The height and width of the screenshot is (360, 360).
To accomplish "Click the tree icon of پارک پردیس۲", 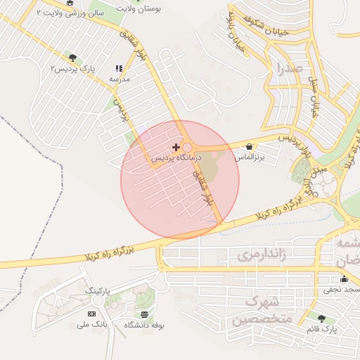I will (72, 58).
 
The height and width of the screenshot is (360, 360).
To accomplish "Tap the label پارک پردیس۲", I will (72, 68).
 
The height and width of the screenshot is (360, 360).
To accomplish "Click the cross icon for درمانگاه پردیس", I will (176, 147).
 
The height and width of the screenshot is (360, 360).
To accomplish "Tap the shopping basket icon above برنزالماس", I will (250, 146).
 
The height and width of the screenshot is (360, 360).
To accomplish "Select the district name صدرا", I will (289, 69).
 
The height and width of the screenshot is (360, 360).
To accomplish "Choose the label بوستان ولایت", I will (161, 10).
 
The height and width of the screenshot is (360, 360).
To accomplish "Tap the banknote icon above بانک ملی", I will (91, 313).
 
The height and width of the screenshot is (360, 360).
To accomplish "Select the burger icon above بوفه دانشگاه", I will (145, 314).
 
